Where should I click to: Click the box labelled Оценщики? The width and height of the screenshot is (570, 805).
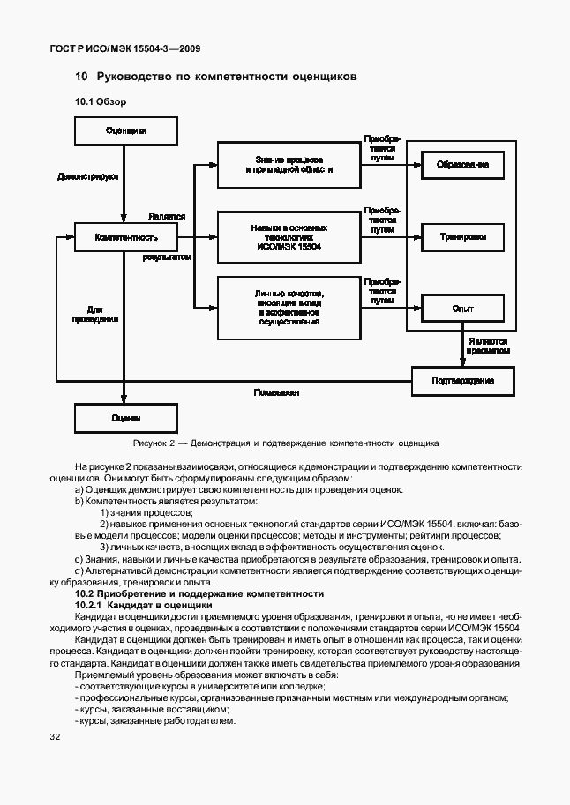click(x=125, y=130)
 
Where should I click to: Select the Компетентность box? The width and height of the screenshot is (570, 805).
click(x=125, y=237)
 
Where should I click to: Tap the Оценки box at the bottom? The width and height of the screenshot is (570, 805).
click(x=125, y=418)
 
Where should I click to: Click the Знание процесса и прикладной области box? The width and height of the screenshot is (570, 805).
click(x=289, y=164)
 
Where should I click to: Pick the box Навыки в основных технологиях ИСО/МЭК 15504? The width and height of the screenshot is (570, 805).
click(x=289, y=237)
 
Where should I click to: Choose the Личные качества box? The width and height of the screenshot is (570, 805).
click(x=289, y=308)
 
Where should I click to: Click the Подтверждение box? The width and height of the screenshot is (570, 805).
click(x=462, y=380)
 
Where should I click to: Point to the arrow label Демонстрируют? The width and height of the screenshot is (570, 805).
click(x=88, y=176)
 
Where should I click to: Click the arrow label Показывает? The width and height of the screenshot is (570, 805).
click(x=277, y=391)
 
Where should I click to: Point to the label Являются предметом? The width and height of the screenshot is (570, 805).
click(x=490, y=345)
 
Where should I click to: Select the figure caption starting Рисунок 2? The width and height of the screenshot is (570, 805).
click(x=285, y=443)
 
